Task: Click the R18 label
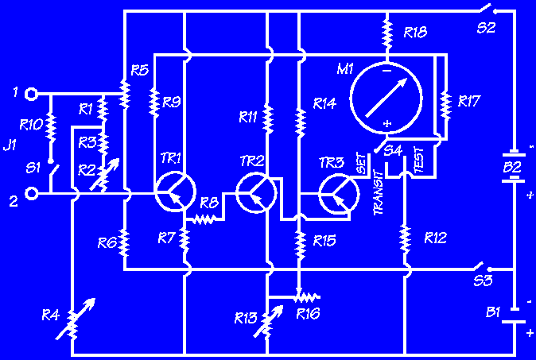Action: [x=415, y=33]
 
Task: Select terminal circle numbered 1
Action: [x=31, y=93]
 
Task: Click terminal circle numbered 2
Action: [x=31, y=193]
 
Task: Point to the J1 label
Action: [x=10, y=145]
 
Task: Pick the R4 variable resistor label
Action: [x=50, y=316]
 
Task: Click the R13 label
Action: [x=246, y=319]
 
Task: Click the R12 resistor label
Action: [x=435, y=237]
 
